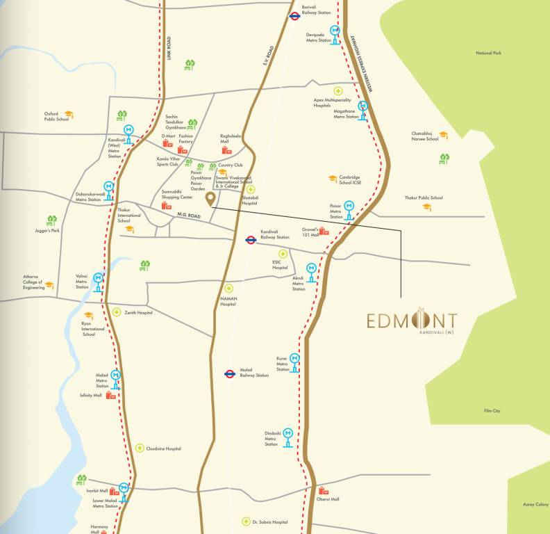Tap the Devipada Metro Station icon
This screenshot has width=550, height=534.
click(x=335, y=34)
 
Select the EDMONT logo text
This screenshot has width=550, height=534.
click(x=412, y=321)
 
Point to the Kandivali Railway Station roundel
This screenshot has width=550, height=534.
click(x=251, y=240)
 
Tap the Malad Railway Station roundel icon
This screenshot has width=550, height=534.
click(x=228, y=373)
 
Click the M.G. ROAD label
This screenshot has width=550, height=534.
click(x=188, y=216)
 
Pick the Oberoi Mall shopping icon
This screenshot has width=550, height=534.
click(x=323, y=492)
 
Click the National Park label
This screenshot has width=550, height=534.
click(x=488, y=54)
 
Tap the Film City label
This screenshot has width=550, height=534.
click(x=492, y=411)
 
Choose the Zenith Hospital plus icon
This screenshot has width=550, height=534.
click(x=117, y=312)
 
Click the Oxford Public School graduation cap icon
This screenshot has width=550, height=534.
click(x=68, y=114)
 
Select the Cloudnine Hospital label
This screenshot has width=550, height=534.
click(x=163, y=448)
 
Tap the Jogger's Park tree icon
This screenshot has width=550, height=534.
click(x=51, y=220)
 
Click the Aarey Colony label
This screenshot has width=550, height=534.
click(x=535, y=504)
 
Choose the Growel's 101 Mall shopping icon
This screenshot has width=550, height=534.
click(x=324, y=231)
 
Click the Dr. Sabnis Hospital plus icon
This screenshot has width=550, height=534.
click(x=245, y=521)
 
